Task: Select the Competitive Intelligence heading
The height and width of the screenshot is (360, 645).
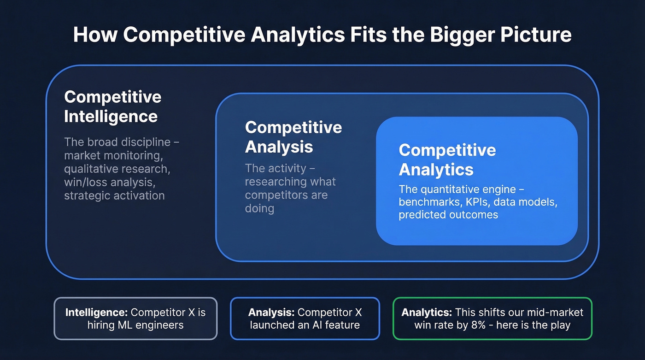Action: [x=112, y=106]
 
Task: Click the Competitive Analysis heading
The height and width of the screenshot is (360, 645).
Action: [x=293, y=137]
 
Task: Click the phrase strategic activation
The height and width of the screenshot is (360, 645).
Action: [x=114, y=195]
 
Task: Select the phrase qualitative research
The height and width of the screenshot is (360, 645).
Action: [x=117, y=169]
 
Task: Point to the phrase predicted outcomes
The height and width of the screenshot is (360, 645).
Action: [x=448, y=215]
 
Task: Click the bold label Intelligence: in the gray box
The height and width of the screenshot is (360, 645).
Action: [x=97, y=313]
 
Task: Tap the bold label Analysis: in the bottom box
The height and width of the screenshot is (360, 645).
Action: [x=271, y=313]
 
